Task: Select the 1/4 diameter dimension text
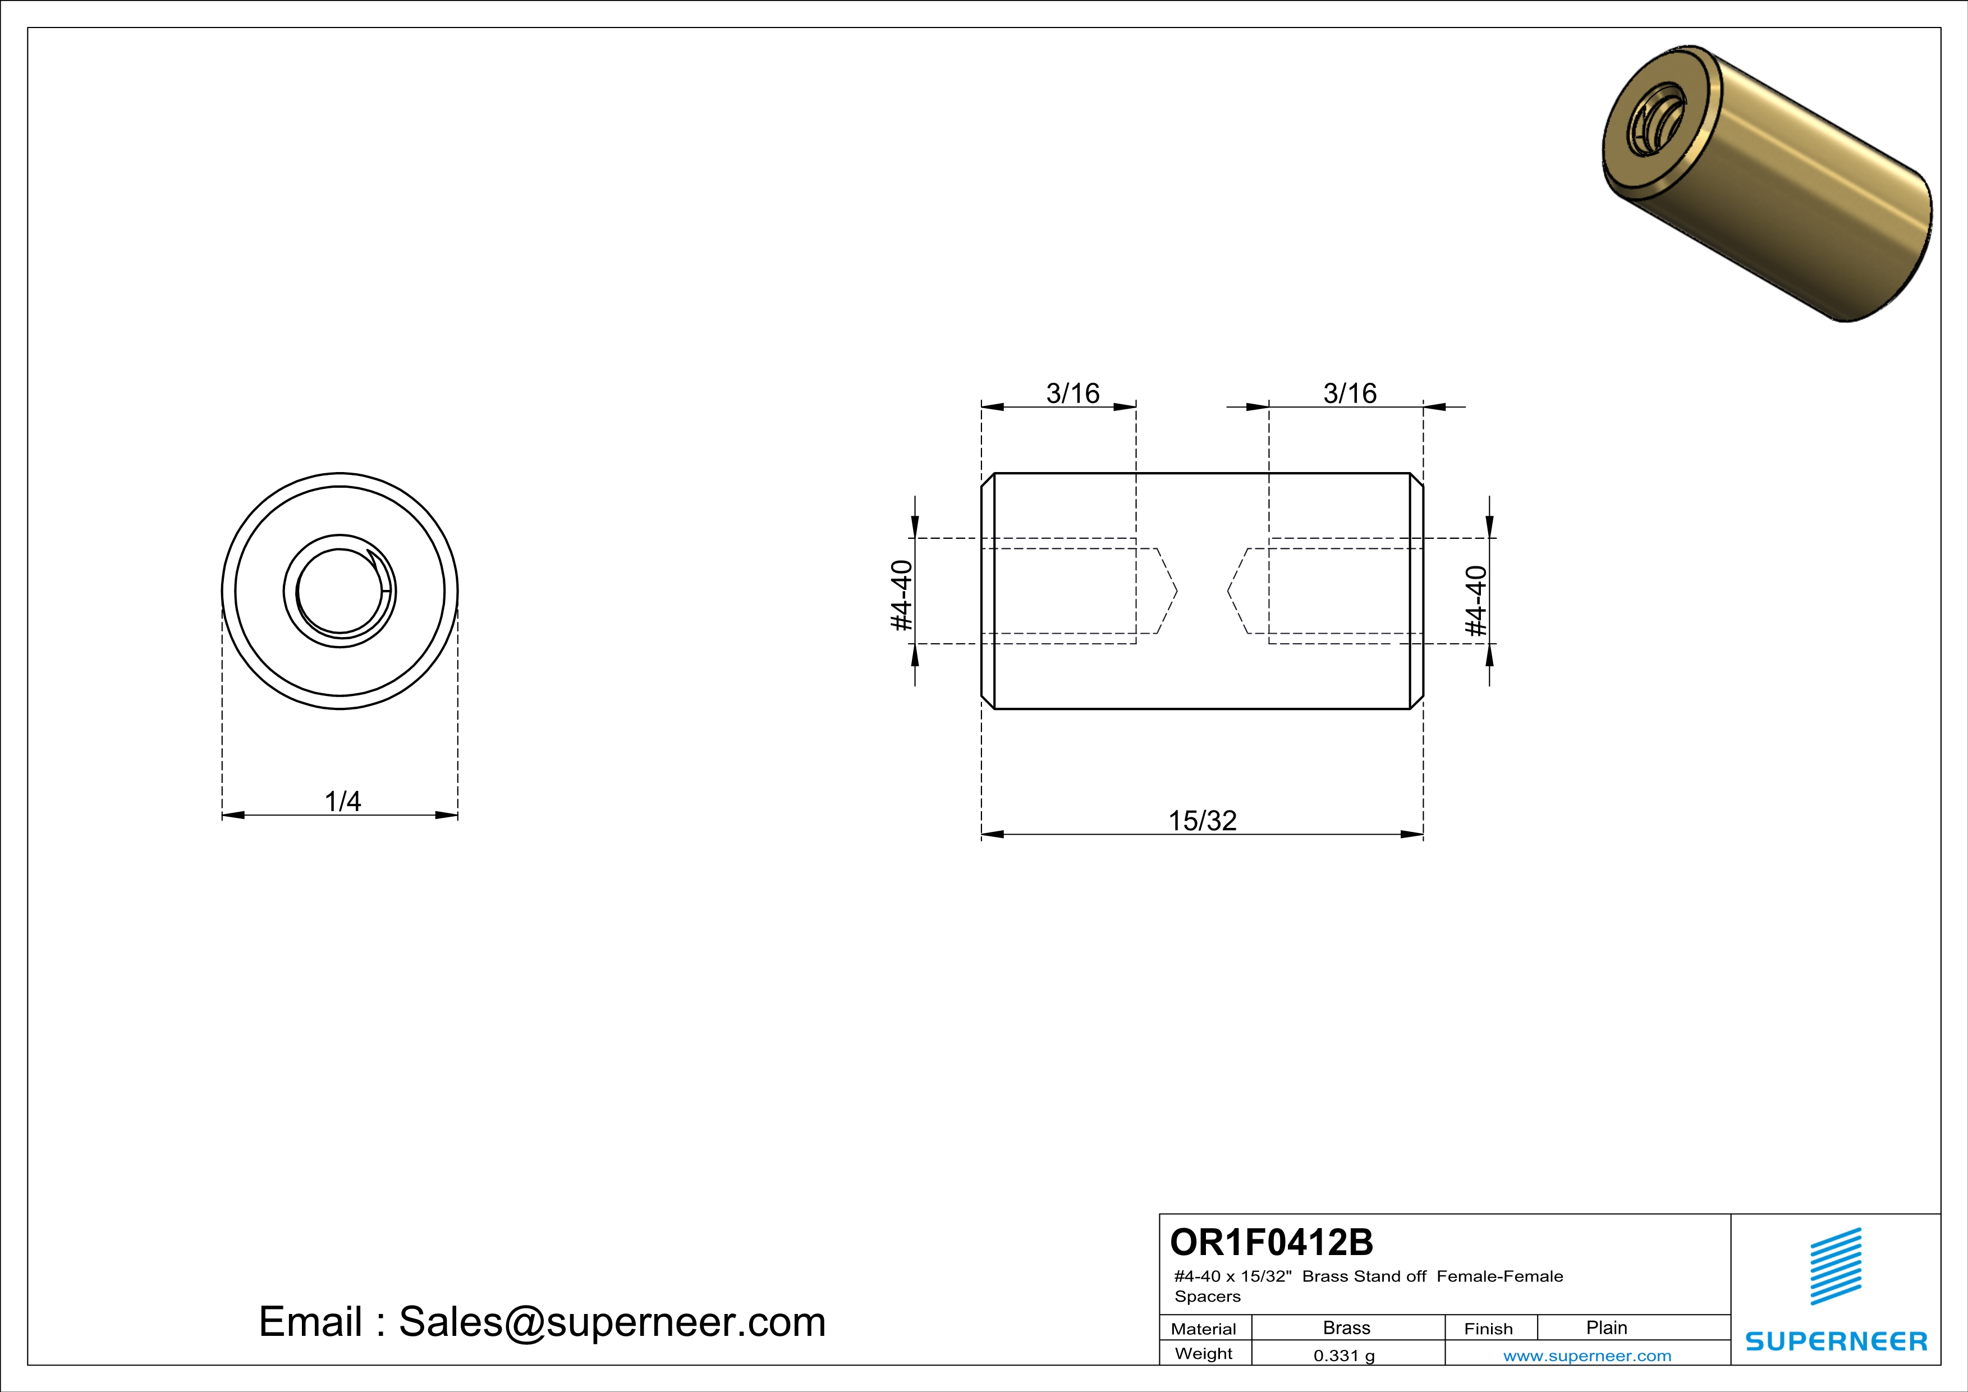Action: click(x=343, y=802)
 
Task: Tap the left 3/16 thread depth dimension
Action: click(x=1072, y=393)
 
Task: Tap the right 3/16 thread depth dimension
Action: click(x=1350, y=393)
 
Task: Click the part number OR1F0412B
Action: click(x=1271, y=1242)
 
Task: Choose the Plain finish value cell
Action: click(x=1606, y=1327)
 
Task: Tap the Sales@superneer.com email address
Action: click(x=612, y=1322)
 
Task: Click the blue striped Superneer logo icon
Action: click(x=1836, y=1266)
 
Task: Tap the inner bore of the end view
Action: click(x=340, y=592)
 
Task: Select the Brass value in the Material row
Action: click(x=1347, y=1327)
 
